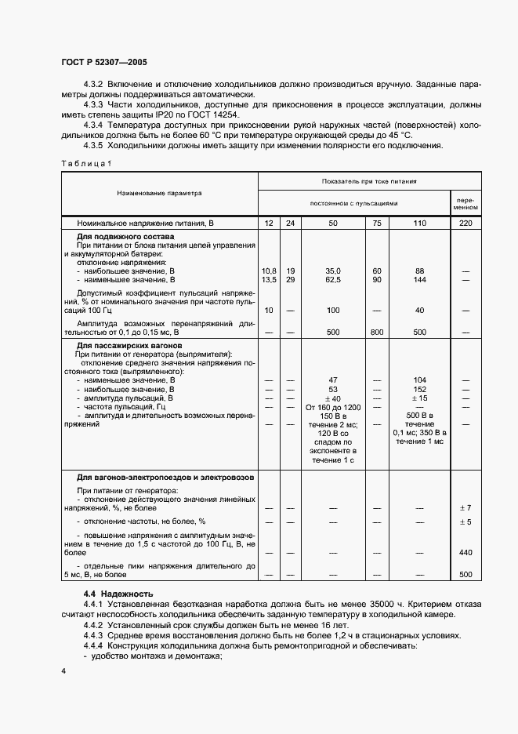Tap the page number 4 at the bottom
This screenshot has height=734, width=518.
63,671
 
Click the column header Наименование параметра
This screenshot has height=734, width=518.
159,192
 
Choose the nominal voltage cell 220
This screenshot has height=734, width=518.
464,223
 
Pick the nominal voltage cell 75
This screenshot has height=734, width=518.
376,223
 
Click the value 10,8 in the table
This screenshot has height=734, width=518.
268,271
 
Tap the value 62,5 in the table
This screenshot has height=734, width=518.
332,279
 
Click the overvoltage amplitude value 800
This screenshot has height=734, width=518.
376,332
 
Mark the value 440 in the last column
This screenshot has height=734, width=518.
465,552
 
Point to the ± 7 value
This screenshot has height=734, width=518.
465,508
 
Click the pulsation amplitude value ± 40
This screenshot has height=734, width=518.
332,398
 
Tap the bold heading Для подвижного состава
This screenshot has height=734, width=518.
125,236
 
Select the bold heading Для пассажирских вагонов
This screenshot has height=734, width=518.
129,345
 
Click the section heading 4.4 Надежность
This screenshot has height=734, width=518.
118,594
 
